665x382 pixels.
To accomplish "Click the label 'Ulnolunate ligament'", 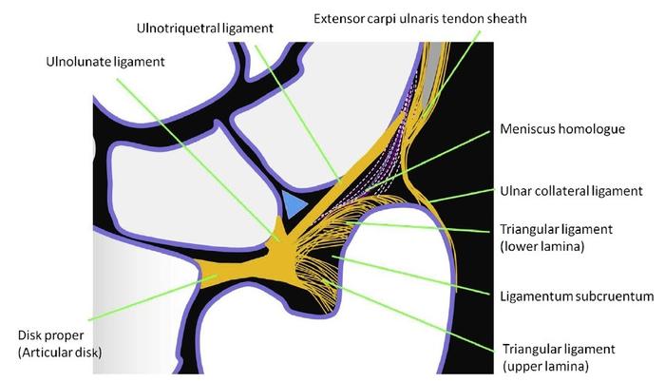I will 104,63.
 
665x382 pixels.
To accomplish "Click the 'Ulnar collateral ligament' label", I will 571,191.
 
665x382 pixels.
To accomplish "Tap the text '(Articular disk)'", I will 61,353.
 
